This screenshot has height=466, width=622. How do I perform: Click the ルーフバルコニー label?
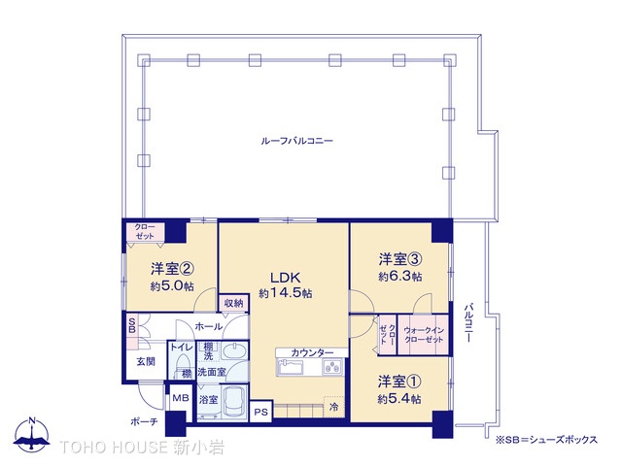point(296,141)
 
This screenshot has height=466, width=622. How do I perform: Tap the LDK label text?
point(285,278)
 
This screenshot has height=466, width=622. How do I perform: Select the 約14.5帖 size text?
point(285,293)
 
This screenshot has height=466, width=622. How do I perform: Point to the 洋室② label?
point(172,269)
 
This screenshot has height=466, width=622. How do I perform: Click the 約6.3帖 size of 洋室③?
point(399,276)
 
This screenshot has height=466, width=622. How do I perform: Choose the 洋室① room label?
point(399,382)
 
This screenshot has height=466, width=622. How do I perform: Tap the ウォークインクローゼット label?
point(424,335)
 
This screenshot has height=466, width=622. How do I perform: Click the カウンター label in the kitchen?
point(312,352)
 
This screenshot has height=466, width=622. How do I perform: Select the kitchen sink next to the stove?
point(291,367)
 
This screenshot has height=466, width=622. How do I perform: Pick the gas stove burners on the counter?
point(332,367)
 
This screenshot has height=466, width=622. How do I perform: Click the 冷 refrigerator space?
point(334,407)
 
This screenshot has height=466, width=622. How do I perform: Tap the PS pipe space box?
point(261,412)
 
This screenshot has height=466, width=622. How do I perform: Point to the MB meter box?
point(181,398)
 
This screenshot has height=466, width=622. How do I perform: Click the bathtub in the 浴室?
point(234,401)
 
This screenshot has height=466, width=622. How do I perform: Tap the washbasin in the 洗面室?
point(234,351)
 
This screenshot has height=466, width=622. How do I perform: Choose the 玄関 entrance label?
point(146,361)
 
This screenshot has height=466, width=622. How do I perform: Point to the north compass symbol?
point(32,434)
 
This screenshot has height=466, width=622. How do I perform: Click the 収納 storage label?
point(233,303)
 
